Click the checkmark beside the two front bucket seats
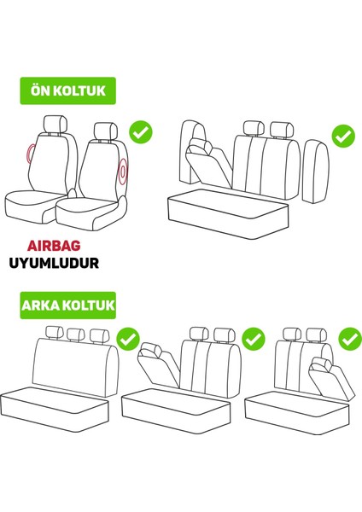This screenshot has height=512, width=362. click(x=140, y=132)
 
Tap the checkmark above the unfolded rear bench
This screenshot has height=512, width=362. click(x=128, y=339)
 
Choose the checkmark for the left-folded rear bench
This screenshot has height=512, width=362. click(x=254, y=340)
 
